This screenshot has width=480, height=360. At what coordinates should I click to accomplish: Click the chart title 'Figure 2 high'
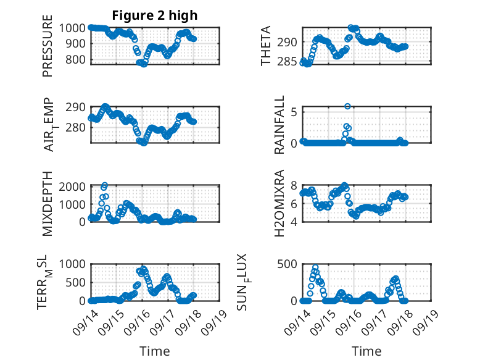pos(155,15)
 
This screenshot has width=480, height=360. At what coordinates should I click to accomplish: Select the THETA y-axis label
pos(266,46)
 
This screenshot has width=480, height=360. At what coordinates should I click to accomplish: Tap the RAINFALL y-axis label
pos(279,125)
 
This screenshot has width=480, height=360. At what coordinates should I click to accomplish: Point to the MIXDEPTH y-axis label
pos(48,204)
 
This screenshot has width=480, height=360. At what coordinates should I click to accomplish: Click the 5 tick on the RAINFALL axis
pos(294,112)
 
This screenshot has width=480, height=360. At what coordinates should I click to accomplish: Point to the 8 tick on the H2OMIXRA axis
pos(294,186)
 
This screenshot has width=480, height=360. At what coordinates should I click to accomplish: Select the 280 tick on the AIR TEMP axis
pos(78,128)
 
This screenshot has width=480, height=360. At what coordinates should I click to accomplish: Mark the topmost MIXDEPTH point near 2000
pos(105,185)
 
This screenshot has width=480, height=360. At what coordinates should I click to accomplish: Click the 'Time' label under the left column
pos(155,351)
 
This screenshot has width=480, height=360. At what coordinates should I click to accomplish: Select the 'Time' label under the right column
pos(366,351)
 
